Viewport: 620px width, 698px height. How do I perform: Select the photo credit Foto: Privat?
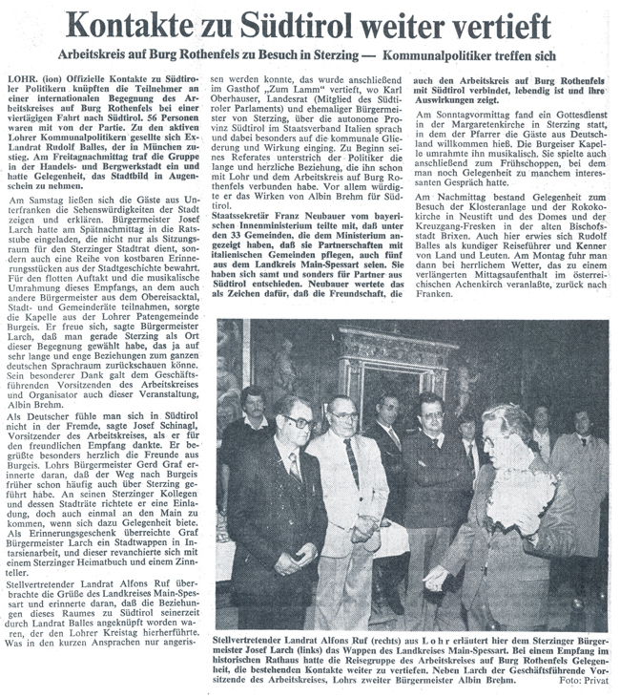tap(584, 683)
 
